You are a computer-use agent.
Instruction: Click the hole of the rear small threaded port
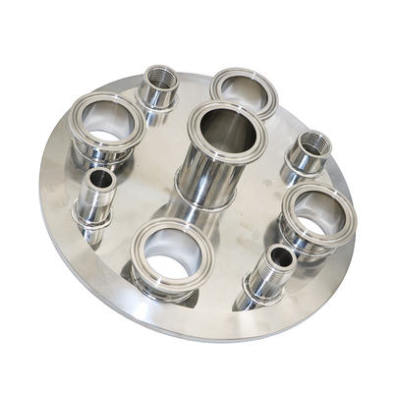[158, 76]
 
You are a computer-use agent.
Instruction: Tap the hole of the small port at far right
[313, 140]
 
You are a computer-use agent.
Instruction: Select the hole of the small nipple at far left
[99, 180]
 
